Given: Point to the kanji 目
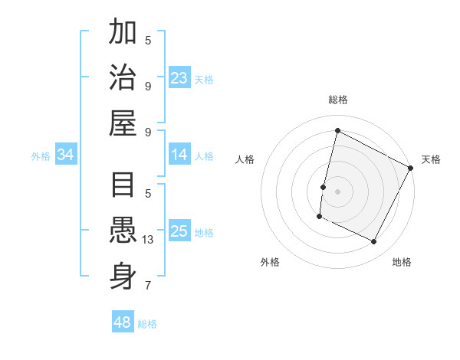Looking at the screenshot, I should pos(123,185).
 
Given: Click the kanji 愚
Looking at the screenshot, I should pos(123,231).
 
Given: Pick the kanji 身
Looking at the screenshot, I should pos(123,277).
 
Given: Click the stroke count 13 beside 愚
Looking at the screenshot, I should pos(148,240).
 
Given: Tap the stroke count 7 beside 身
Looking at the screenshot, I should pos(148,286).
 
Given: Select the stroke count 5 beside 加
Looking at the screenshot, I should pos(148,41).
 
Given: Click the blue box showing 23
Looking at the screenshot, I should pos(179,77).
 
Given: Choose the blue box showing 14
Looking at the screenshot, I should pos(179,155).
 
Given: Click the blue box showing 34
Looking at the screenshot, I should pos(66,155).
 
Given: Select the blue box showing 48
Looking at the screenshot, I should pos(123,322).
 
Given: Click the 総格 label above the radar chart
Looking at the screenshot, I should pos(337,100).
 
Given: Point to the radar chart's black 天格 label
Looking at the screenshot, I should pos(431,159).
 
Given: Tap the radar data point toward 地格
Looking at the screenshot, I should pos(374,242).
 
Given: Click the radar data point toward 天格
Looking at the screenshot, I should pos(411,168).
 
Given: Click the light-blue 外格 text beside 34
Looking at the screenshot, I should pos(41,156).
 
